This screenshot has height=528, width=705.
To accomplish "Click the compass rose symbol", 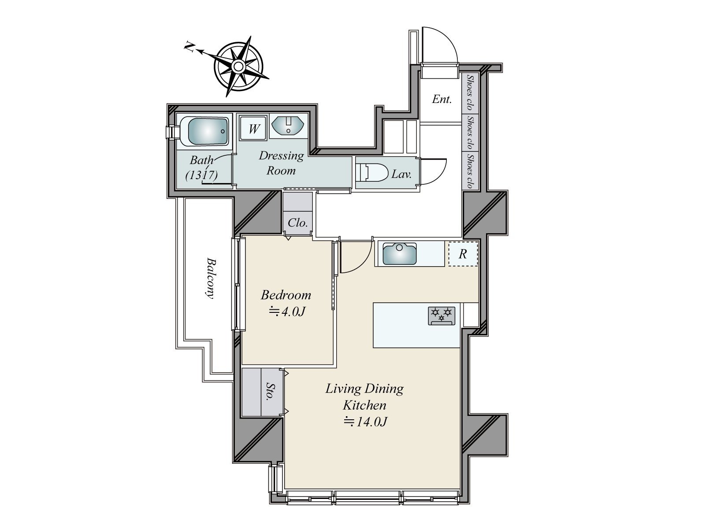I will [x=238, y=67].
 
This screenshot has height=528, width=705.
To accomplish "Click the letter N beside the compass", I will [x=189, y=47].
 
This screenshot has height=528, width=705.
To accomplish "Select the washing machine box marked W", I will [x=253, y=129].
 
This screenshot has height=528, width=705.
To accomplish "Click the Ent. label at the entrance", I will [x=442, y=99].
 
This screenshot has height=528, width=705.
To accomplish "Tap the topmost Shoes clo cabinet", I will [x=470, y=92].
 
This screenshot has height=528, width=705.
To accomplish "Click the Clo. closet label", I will [x=298, y=223].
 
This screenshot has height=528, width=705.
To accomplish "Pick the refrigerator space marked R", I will [x=463, y=254].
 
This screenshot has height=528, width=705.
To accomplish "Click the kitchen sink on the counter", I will [x=399, y=254].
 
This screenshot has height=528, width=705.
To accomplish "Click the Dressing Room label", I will [x=281, y=163].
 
